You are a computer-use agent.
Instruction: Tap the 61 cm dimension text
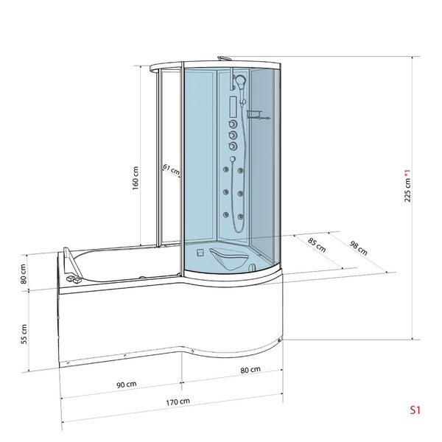170,170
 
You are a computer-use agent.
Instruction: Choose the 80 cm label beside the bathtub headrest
24,273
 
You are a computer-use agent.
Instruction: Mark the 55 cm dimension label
24,334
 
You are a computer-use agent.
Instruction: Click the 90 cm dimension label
126,384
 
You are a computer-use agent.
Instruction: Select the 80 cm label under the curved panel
250,369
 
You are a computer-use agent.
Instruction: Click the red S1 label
416,411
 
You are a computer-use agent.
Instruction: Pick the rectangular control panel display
232,106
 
